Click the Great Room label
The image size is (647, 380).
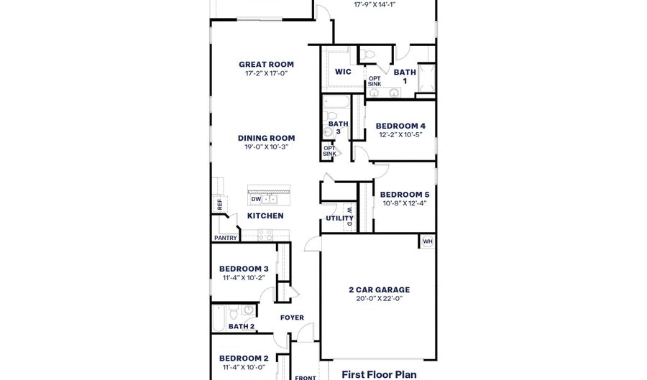[x=266, y=65]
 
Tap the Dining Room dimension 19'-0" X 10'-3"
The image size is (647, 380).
[x=266, y=147]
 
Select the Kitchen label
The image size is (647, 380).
[x=265, y=216]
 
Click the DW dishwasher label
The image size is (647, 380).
[x=256, y=199]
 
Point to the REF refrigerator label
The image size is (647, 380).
[x=219, y=204]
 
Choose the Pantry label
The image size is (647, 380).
[x=225, y=238]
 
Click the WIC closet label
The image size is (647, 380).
[x=343, y=72]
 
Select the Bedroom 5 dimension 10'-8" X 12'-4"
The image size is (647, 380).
[x=403, y=203]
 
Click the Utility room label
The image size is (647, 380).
[x=339, y=218]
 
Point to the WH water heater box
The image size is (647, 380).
[x=427, y=241]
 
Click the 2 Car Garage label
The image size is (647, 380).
[x=379, y=290]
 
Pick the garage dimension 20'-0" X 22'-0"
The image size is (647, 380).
[x=379, y=299]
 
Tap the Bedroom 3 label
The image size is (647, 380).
[x=244, y=269]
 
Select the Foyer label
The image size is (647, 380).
[x=292, y=318]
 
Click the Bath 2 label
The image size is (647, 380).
[x=242, y=327]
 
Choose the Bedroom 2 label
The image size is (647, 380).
[x=244, y=358]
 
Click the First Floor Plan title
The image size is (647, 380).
[x=378, y=374]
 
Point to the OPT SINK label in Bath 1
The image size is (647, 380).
[x=375, y=81]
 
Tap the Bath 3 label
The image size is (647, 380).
[x=338, y=127]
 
